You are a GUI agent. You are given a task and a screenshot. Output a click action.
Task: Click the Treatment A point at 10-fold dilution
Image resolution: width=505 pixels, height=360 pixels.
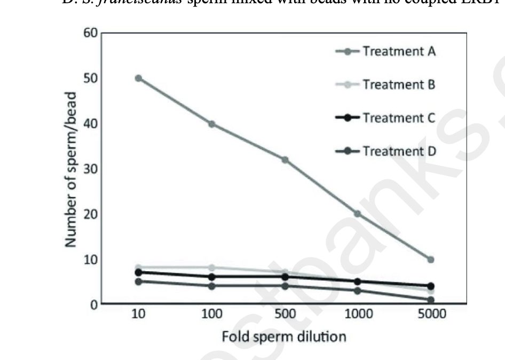click(138, 78)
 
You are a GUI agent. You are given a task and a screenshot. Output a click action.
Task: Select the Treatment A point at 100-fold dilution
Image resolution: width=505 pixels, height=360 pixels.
click(211, 124)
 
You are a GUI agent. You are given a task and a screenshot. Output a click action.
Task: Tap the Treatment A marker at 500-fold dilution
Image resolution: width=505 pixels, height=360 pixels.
click(285, 160)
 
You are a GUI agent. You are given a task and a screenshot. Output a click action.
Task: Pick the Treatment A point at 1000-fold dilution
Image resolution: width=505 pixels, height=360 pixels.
click(358, 214)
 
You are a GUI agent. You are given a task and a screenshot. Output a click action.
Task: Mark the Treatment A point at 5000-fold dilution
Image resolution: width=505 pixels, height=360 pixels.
click(431, 260)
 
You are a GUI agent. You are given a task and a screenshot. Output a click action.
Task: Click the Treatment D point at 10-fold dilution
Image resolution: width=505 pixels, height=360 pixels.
click(138, 281)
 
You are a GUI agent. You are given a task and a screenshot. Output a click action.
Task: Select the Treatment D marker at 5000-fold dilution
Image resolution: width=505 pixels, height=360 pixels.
click(431, 300)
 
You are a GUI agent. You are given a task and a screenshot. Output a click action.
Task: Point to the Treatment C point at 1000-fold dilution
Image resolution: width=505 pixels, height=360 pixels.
click(358, 281)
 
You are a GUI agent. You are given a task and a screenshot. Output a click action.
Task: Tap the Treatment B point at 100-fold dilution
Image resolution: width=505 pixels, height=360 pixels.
click(211, 268)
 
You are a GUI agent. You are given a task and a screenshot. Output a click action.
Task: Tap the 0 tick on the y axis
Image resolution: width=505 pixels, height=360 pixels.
click(94, 304)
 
